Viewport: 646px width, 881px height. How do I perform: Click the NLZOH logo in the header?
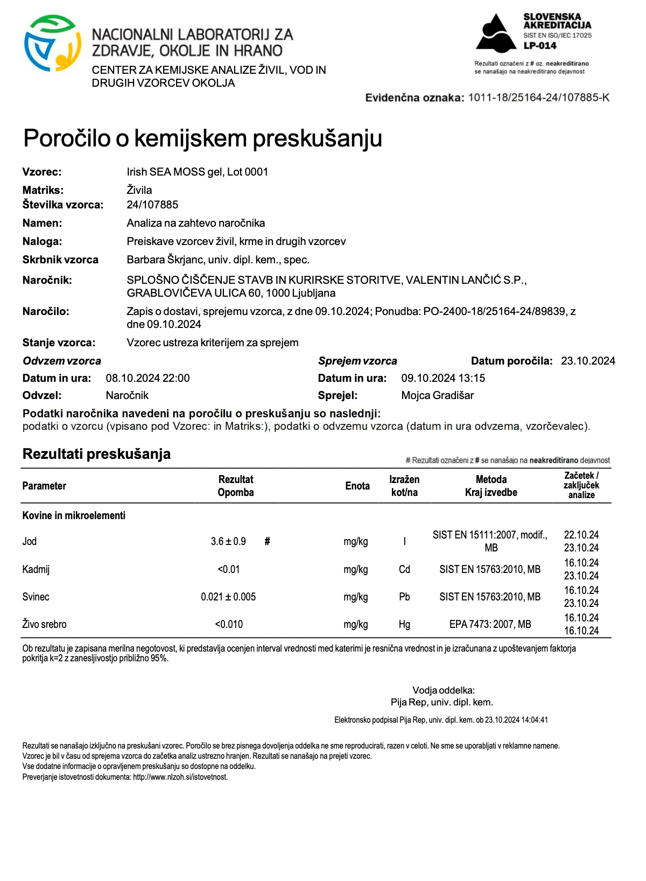tap(52, 44)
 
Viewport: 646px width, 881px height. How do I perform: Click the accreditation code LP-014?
tap(540, 46)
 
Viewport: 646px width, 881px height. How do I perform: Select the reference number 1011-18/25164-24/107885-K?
tap(538, 97)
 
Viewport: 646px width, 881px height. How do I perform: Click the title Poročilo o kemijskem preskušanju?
tap(202, 138)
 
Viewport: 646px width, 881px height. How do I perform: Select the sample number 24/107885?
tap(152, 205)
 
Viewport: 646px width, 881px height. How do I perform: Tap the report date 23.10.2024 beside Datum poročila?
tap(588, 361)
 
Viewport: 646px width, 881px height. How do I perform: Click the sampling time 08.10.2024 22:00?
tap(148, 378)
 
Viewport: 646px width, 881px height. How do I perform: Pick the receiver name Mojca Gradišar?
tap(437, 395)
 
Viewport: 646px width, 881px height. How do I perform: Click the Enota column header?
tap(357, 486)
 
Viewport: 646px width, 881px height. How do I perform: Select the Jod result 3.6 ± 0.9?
tap(228, 541)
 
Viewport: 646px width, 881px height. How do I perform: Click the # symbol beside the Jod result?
tap(267, 541)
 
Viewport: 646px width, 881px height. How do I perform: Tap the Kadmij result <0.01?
tap(229, 569)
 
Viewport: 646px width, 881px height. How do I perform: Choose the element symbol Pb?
tap(404, 597)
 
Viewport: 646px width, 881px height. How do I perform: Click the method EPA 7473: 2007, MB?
tap(490, 624)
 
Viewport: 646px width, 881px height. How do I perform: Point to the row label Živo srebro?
tap(45, 624)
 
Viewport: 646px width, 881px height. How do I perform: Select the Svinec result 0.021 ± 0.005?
tap(228, 597)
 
